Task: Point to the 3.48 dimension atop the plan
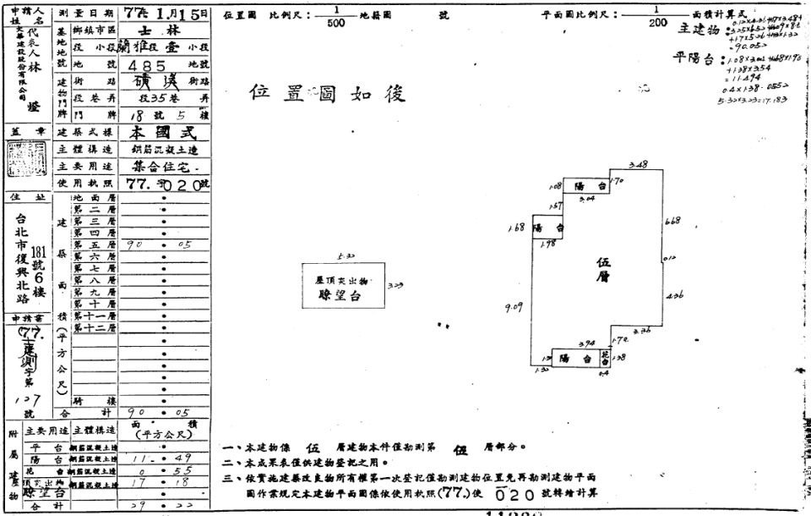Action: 639,164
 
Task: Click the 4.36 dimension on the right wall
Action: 673,296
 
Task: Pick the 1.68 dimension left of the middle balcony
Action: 515,227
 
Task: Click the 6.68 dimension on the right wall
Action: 673,221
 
